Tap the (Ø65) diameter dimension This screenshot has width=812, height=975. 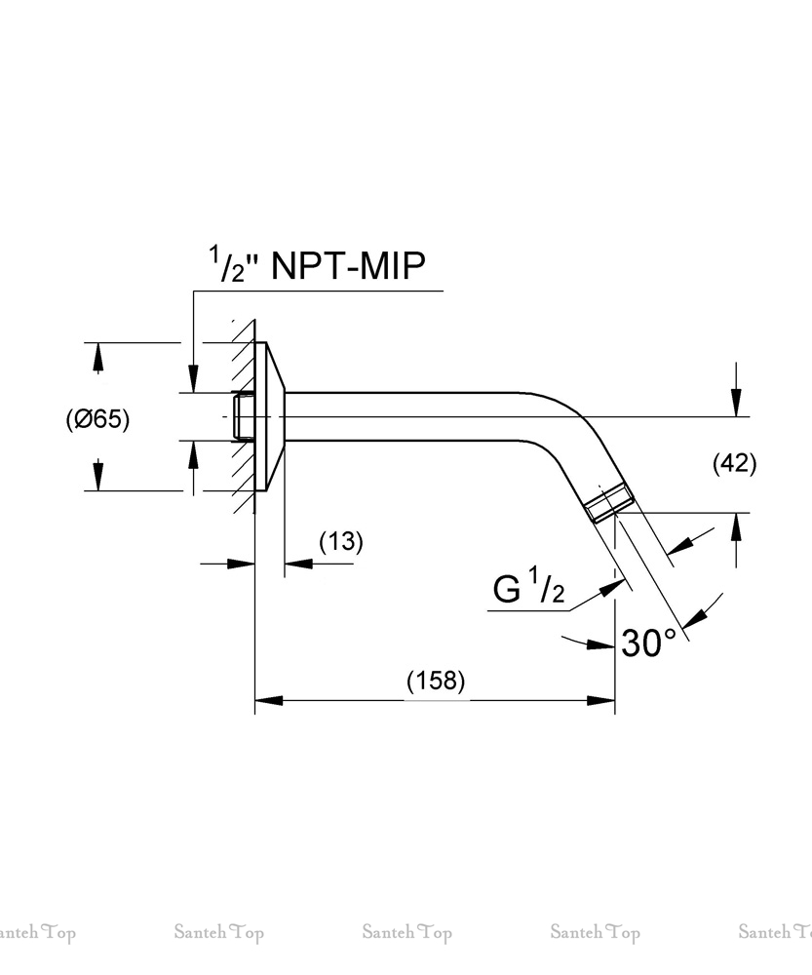[97, 419]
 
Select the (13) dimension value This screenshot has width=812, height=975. [340, 541]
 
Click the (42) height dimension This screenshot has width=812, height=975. [734, 463]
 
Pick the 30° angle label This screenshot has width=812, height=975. [648, 643]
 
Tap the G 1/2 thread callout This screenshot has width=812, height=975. [529, 590]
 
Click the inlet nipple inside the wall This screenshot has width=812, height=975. [241, 416]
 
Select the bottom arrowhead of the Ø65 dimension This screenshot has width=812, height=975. [97, 475]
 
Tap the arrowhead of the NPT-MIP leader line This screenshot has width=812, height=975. [193, 379]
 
